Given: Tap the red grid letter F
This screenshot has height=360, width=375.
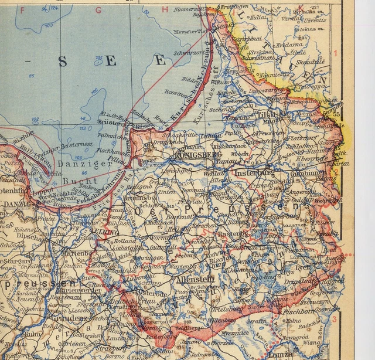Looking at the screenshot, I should coord(23,10).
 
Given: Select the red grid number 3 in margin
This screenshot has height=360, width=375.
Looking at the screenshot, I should coord(334,320).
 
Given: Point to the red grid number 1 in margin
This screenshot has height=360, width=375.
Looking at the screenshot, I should coord(336,54).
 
